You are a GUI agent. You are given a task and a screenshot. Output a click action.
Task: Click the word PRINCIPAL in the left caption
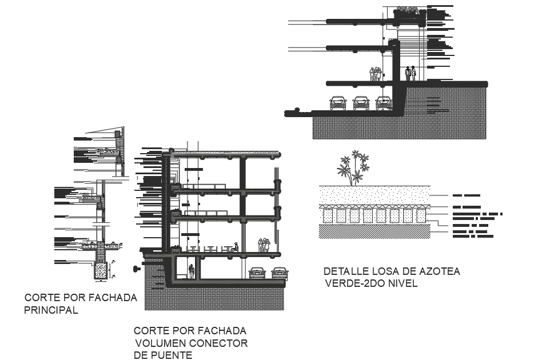[x=51, y=311]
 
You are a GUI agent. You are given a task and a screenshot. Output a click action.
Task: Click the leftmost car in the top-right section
[x=338, y=102]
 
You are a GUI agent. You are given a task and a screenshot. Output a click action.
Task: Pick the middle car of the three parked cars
[x=361, y=102]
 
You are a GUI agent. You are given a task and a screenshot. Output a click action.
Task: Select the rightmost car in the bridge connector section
[x=280, y=273]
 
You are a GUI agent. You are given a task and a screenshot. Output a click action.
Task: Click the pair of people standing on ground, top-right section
[x=411, y=73]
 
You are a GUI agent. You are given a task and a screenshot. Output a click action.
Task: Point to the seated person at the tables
[x=234, y=247]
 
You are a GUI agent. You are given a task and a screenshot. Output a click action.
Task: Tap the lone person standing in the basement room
[x=192, y=271]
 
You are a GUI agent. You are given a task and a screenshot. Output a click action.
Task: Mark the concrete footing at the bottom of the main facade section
[x=101, y=269]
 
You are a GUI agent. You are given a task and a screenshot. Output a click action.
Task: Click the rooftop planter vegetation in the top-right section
[x=407, y=10]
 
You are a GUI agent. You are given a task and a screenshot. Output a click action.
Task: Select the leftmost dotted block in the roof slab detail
[x=328, y=215]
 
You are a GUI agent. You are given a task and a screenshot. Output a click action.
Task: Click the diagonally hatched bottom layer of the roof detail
[x=374, y=230]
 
